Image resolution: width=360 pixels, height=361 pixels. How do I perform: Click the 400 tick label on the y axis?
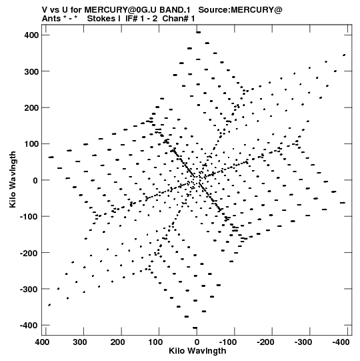click(x=31, y=35)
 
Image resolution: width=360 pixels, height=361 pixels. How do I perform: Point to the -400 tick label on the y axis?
click(x=29, y=326)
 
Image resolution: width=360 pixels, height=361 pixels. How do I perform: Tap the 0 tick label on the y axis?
click(x=35, y=180)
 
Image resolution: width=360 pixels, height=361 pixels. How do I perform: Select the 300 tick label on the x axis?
click(x=80, y=342)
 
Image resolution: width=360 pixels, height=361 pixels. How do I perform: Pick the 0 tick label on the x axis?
click(x=197, y=342)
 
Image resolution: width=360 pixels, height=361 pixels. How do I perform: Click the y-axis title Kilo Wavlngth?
click(x=13, y=179)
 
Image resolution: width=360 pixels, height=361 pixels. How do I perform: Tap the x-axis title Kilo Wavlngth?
click(x=197, y=351)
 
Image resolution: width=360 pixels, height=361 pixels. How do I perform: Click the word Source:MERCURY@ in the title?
click(x=240, y=10)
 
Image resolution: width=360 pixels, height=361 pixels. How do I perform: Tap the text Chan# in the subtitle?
click(x=175, y=19)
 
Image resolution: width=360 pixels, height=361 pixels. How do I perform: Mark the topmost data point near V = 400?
click(x=198, y=33)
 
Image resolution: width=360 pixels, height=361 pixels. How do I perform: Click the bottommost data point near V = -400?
click(x=195, y=328)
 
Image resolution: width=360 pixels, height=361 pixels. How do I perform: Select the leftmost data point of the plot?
click(x=51, y=157)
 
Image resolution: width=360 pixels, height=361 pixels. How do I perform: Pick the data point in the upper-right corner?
click(x=344, y=55)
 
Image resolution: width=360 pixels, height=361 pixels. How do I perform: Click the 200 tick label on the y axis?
click(x=31, y=107)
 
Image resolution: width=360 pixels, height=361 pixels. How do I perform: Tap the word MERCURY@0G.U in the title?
click(x=121, y=10)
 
